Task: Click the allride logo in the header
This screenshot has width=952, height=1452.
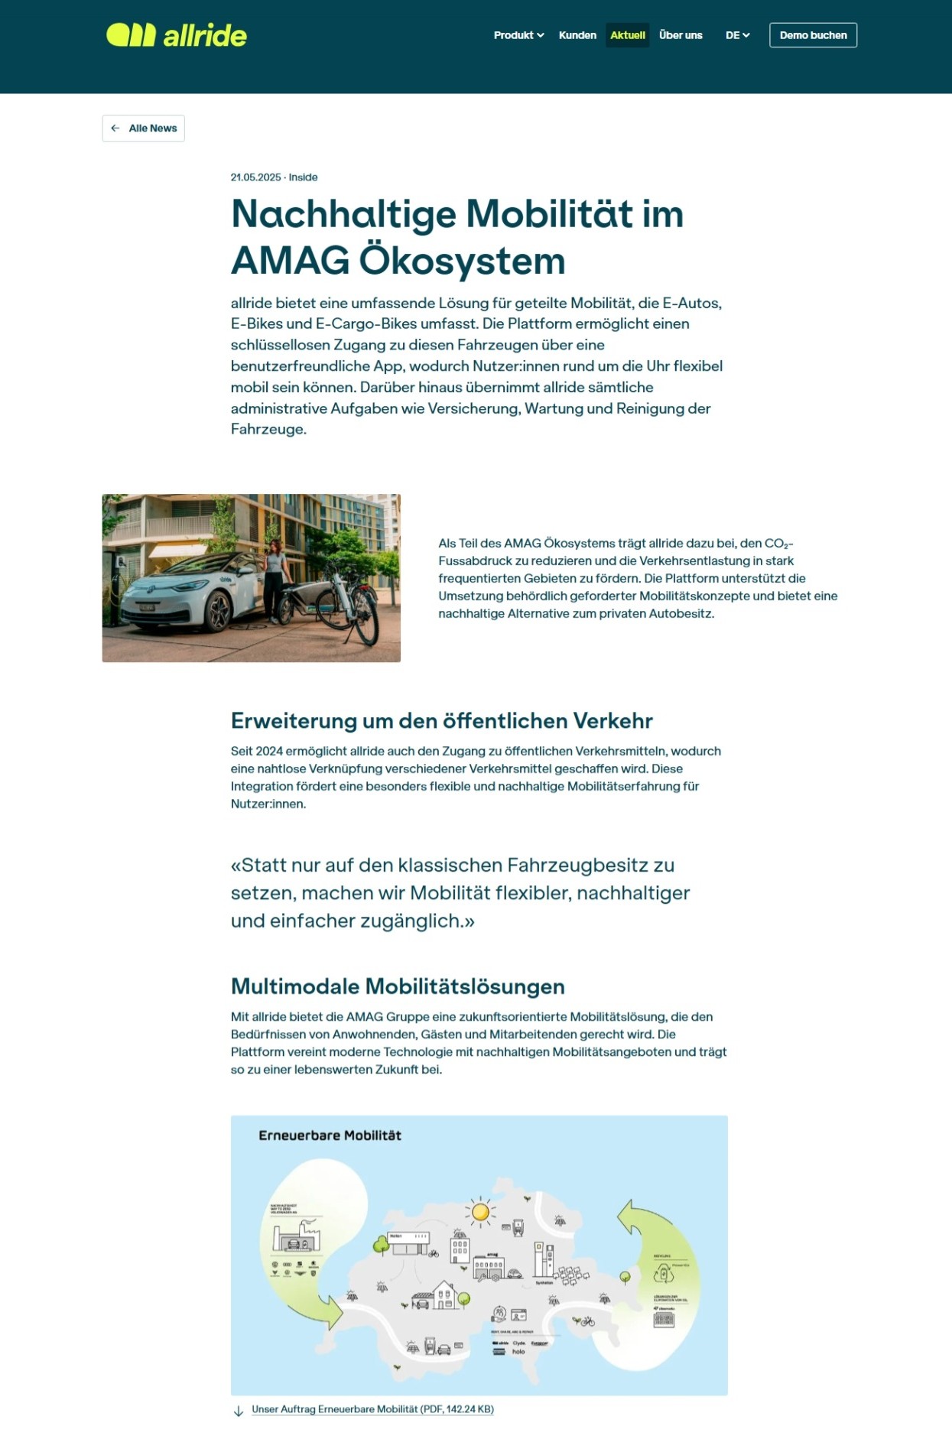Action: pos(177,35)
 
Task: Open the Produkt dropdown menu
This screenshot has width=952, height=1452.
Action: pos(518,35)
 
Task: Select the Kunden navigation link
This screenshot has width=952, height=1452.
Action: pos(577,35)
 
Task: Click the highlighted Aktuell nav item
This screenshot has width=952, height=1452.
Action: pos(627,35)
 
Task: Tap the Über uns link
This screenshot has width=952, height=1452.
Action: pos(681,35)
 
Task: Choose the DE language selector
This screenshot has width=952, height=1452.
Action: pos(737,35)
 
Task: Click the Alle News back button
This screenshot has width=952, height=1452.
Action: pos(144,128)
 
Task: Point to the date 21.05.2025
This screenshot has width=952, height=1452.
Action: pos(255,177)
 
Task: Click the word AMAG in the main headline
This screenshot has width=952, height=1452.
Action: pos(290,261)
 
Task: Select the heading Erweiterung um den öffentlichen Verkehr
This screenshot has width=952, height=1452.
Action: pos(441,721)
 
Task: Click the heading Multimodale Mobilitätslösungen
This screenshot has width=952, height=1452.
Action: pos(398,986)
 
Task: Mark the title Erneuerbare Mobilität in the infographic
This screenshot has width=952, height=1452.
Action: pos(330,1135)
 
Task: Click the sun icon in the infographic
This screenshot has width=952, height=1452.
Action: pos(480,1211)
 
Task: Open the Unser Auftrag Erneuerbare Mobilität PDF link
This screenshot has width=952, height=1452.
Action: pos(372,1409)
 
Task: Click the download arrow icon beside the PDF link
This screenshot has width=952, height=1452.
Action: pos(239,1411)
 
